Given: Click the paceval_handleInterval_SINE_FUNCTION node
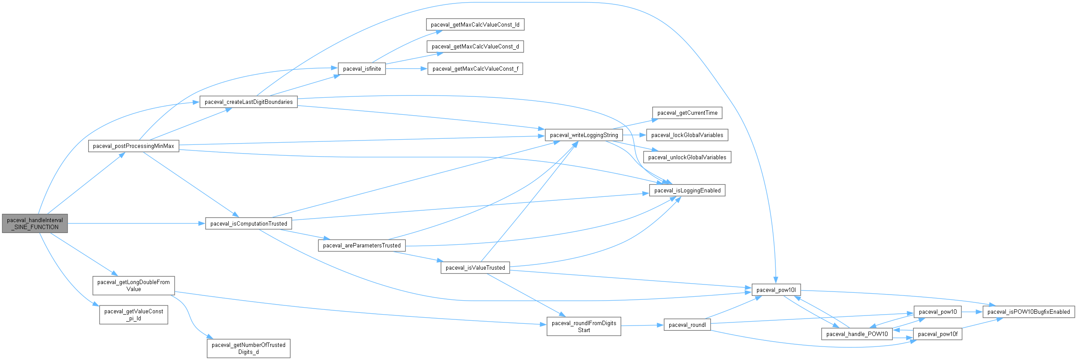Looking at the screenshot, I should (35, 223).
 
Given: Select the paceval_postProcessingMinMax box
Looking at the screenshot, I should (134, 146).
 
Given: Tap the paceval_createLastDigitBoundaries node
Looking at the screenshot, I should (248, 102).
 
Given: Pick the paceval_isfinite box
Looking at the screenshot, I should (362, 69).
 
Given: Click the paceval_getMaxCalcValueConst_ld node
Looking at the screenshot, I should (475, 24).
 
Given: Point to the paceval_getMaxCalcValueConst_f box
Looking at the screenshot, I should (475, 69).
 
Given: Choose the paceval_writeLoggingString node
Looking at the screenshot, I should (584, 135).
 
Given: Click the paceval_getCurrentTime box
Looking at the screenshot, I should (687, 113).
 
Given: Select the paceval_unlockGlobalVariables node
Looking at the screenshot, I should (687, 157).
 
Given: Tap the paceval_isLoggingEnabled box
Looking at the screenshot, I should (687, 190).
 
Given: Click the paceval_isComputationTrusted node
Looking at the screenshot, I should (248, 223).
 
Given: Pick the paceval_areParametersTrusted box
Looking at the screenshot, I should (361, 245).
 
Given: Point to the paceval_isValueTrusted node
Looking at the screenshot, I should (475, 267).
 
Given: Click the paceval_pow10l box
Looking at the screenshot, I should (776, 290).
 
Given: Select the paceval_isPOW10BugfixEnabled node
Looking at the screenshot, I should (1028, 312).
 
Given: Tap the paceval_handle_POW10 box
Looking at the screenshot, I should (857, 334).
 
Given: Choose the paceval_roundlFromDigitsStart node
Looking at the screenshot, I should (584, 326).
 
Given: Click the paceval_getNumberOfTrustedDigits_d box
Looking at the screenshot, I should (248, 348).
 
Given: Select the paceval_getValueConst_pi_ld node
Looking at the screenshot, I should (134, 315).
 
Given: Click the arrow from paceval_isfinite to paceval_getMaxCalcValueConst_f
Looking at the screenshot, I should (406, 69).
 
